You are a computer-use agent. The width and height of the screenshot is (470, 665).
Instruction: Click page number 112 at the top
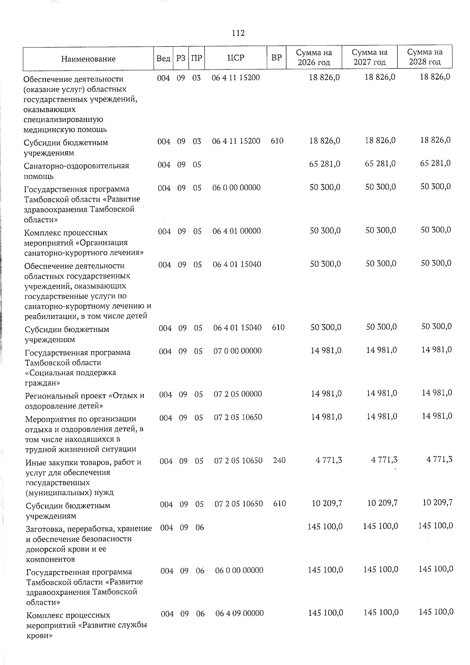(238, 33)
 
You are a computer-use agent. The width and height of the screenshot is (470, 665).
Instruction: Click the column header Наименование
(88, 59)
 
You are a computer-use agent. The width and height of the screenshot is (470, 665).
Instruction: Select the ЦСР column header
(236, 58)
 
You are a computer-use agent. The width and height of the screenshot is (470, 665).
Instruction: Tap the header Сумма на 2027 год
(369, 57)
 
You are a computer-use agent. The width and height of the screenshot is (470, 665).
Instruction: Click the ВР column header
(277, 58)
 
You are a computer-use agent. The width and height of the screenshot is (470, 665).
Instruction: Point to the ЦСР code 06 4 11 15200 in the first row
(236, 78)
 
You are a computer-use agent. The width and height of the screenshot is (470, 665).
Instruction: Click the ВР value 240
(279, 460)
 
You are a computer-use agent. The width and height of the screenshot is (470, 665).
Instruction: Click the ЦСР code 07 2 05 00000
(238, 394)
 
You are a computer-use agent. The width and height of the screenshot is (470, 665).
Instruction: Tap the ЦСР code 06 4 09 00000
(239, 613)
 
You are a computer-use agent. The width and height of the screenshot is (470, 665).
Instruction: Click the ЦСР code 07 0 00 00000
(237, 351)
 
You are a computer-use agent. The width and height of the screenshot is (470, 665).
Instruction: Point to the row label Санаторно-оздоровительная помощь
(77, 171)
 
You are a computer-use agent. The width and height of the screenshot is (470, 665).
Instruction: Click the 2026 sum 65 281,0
(325, 164)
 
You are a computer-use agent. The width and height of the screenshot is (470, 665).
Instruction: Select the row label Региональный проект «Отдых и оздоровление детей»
(85, 400)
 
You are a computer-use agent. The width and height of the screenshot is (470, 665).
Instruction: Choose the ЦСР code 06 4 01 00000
(237, 231)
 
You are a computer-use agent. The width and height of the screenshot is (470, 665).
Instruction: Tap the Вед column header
(163, 58)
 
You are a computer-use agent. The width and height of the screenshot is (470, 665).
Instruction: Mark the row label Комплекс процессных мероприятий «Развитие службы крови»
(87, 625)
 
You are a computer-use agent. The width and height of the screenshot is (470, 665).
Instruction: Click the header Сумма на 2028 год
(425, 57)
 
